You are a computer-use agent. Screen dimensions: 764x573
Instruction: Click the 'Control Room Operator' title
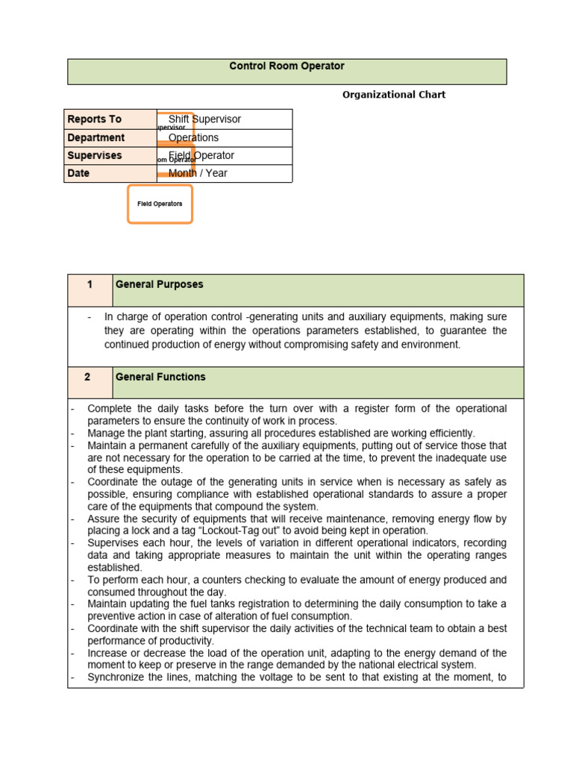click(x=286, y=66)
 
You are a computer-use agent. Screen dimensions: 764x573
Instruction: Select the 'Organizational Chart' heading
click(x=393, y=95)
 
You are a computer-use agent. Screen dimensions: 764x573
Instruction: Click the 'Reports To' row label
click(x=95, y=119)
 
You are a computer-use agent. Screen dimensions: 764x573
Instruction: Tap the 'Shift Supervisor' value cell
click(x=204, y=119)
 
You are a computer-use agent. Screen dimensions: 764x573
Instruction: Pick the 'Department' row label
click(x=96, y=138)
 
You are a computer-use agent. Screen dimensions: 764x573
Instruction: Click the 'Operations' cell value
click(x=193, y=138)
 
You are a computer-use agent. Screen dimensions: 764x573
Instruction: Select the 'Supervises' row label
click(x=95, y=156)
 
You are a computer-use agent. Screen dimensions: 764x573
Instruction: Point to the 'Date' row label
click(x=78, y=173)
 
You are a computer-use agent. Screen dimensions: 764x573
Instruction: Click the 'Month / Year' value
click(x=198, y=173)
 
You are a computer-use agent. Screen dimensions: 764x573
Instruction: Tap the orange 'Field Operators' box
click(x=160, y=204)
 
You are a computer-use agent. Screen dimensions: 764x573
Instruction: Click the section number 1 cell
click(x=90, y=285)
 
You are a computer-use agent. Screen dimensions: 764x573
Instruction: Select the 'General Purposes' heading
click(x=159, y=285)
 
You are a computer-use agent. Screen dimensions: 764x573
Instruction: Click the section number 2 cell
click(x=87, y=378)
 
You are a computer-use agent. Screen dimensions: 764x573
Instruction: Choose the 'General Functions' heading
click(x=160, y=378)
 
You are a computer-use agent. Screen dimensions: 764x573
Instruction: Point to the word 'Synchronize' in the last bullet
click(x=115, y=677)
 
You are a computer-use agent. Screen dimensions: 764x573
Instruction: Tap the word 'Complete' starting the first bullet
click(x=109, y=409)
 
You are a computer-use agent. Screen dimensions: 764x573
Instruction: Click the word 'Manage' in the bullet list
click(x=106, y=433)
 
